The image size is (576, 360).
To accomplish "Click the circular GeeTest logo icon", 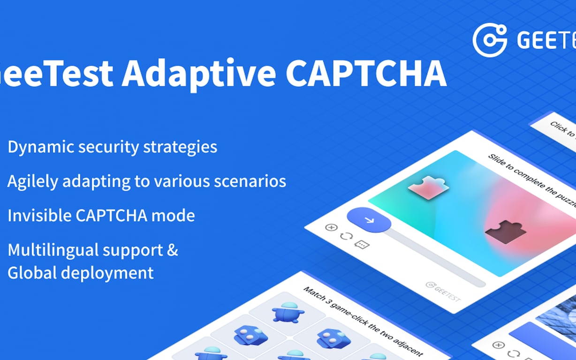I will [489, 40].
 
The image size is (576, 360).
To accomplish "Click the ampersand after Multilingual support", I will [173, 250].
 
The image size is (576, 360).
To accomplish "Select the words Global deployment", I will [80, 272].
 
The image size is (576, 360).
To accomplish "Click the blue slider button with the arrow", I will [369, 220].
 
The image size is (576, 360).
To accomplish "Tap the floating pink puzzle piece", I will [428, 187].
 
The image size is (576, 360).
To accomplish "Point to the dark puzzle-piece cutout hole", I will [506, 231].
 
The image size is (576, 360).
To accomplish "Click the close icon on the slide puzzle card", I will [331, 227].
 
